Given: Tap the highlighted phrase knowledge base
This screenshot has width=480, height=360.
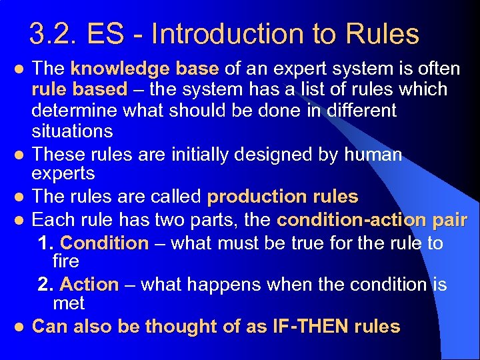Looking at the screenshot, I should click(145, 69).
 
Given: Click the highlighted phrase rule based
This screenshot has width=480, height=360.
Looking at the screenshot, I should click(79, 89).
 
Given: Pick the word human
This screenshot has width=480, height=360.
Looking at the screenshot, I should click(373, 155).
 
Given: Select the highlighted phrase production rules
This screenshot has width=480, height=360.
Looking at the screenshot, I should click(283, 197).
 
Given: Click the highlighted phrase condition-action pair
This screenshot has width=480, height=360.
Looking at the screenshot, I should click(372, 219).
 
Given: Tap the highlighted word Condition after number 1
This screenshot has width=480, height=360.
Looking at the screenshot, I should click(104, 243).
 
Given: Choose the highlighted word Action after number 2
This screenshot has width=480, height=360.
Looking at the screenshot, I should click(89, 285).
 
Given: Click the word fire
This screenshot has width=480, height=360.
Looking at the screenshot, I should click(65, 261).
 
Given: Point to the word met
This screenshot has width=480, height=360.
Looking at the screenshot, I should click(69, 303).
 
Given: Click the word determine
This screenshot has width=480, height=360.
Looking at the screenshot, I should click(79, 110).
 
